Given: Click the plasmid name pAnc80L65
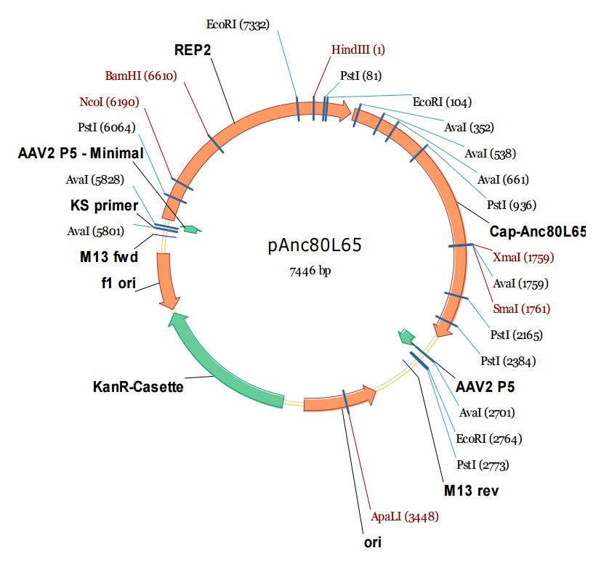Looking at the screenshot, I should coord(314,245).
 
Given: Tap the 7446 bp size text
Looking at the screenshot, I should coord(314,271).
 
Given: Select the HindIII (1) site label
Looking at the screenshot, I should coord(358,50).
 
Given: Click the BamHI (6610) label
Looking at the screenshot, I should coord(141,75).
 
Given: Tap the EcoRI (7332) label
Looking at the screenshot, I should coord(238,25).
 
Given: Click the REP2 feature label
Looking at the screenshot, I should coord(191,50).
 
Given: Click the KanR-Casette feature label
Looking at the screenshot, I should coord(138,386).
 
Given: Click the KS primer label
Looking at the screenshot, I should coord(104,205).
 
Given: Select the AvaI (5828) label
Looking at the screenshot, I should coord(94,179).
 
